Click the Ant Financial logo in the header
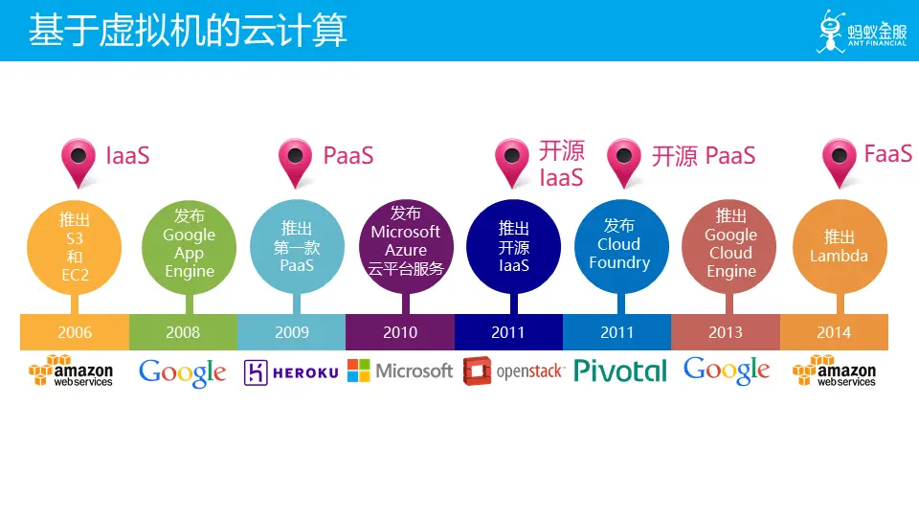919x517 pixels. [x=862, y=32]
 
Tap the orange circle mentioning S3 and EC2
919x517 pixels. [x=75, y=247]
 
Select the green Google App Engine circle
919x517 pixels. [x=189, y=247]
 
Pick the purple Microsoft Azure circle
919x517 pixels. [x=406, y=247]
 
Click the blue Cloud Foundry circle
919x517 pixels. [x=621, y=247]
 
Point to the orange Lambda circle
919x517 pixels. [x=840, y=247]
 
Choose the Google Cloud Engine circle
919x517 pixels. [x=729, y=247]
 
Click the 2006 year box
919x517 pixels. [x=75, y=332]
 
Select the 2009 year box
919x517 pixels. [x=292, y=332]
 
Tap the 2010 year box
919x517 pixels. [x=400, y=332]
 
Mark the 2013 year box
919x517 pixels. [x=726, y=332]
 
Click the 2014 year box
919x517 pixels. [x=834, y=332]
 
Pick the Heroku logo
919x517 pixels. [x=291, y=372]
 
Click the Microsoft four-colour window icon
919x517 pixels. [x=359, y=371]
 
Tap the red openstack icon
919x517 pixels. [x=477, y=371]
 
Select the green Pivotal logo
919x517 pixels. [x=620, y=371]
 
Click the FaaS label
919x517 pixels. [x=888, y=154]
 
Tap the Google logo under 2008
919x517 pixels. [x=182, y=372]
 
